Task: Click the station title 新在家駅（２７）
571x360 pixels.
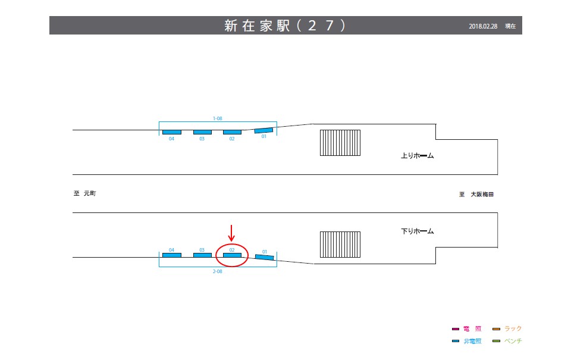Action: [x=285, y=26]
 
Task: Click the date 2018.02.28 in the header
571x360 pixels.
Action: [x=483, y=26]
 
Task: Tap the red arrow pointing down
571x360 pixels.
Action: [x=232, y=233]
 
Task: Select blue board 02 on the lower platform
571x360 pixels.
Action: [x=232, y=255]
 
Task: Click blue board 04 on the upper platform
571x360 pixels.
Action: [x=172, y=132]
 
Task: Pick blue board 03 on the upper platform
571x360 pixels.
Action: [x=202, y=132]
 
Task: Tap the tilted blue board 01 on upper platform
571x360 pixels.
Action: [x=263, y=130]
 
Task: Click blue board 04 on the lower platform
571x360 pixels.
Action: [x=172, y=255]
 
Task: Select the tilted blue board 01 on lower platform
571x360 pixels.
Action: [x=265, y=256]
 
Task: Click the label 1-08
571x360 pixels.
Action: [x=218, y=118]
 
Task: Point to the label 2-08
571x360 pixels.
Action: [x=218, y=271]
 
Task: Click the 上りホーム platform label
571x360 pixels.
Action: [x=418, y=156]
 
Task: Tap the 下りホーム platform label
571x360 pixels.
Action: [x=418, y=231]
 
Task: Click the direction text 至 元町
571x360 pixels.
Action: [x=84, y=193]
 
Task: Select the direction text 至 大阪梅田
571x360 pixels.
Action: [x=477, y=194]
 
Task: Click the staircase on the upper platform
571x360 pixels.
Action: [x=340, y=143]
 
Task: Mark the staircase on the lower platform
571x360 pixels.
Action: [x=340, y=245]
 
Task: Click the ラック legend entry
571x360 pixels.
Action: [x=507, y=328]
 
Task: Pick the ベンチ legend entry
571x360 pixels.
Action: [x=507, y=341]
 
